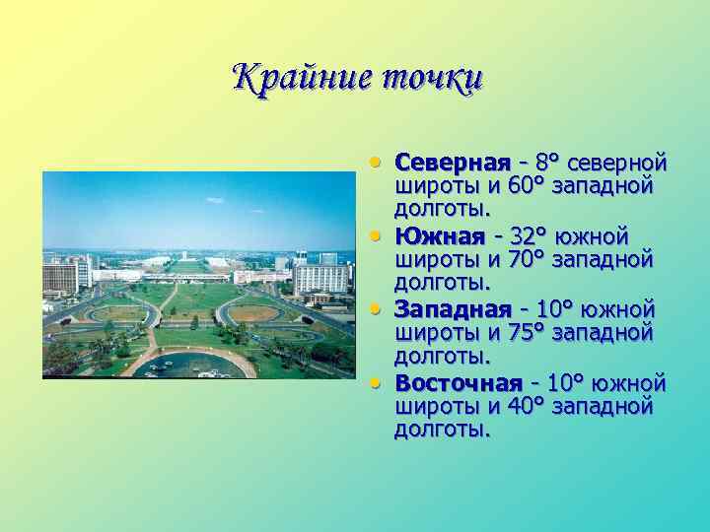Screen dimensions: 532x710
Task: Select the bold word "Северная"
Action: tap(452, 162)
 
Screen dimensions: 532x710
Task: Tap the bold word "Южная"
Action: tap(439, 236)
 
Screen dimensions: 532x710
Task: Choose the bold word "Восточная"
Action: tap(458, 383)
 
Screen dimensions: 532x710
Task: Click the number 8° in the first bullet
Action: tap(549, 162)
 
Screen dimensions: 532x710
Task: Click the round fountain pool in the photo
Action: tap(191, 366)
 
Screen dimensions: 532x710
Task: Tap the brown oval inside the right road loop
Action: tap(254, 313)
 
